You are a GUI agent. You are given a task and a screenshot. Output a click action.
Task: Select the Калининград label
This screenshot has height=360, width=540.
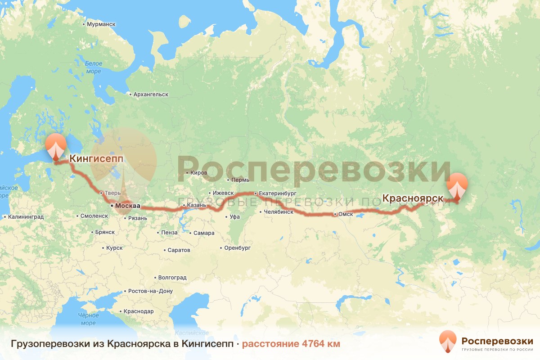(25, 216)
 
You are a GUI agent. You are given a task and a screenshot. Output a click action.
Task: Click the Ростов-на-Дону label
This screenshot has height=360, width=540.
(150, 291)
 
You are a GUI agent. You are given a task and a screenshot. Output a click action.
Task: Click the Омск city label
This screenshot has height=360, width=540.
(346, 215)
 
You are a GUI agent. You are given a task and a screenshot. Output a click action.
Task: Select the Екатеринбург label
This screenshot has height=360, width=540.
(277, 193)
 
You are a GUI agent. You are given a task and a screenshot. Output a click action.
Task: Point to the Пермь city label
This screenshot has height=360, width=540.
(240, 180)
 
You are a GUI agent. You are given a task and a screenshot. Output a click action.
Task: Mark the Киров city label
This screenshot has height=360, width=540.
(199, 173)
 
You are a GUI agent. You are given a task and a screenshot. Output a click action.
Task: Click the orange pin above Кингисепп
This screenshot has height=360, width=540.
(56, 145)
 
